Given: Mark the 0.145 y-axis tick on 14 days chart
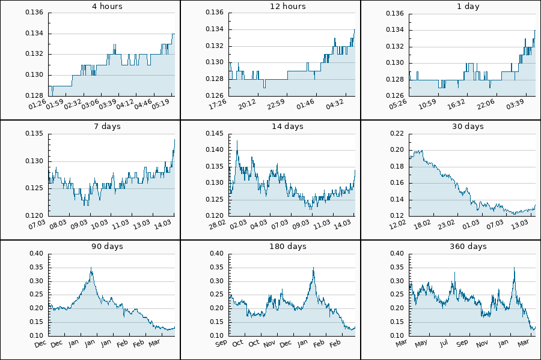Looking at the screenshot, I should coord(215,133).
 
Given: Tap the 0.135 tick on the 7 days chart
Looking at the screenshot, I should coord(34,133).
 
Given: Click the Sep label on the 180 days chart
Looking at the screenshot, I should coord(221,343).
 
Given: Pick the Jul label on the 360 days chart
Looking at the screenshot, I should coord(444,343).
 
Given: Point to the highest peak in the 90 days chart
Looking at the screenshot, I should coord(91,268).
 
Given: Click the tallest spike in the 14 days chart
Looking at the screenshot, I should coord(237,141).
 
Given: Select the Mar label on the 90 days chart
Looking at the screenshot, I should coord(154,343).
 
